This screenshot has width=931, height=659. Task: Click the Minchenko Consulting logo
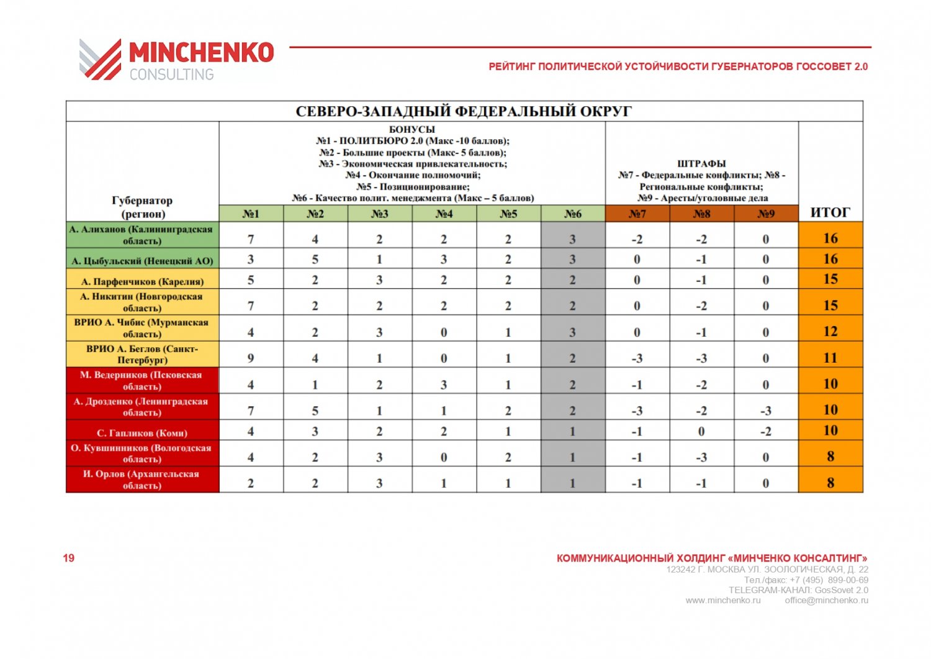click(176, 60)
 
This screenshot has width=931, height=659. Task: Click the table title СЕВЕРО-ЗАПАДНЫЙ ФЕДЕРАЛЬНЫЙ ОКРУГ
click(464, 111)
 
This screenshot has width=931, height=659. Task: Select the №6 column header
click(572, 214)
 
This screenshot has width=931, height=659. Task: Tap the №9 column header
click(766, 214)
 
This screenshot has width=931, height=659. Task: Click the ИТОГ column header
click(830, 212)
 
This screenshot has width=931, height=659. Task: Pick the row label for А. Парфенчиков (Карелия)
click(142, 281)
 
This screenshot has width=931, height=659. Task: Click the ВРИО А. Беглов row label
click(142, 354)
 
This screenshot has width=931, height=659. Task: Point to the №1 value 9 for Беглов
click(251, 358)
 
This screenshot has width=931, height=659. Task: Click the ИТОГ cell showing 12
click(830, 332)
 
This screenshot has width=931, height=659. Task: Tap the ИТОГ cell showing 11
click(830, 358)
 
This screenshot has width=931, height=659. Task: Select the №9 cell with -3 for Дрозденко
click(766, 411)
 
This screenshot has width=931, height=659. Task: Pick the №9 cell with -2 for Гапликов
click(766, 431)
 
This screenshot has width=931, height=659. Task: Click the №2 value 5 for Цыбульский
click(315, 260)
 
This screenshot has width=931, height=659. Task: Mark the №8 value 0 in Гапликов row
click(701, 431)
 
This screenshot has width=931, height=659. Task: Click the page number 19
click(68, 558)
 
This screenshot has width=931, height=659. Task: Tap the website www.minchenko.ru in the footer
click(722, 601)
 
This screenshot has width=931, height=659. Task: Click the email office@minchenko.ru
click(826, 601)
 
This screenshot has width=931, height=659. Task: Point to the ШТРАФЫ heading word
click(701, 163)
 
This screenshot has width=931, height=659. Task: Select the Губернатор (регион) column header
click(142, 207)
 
